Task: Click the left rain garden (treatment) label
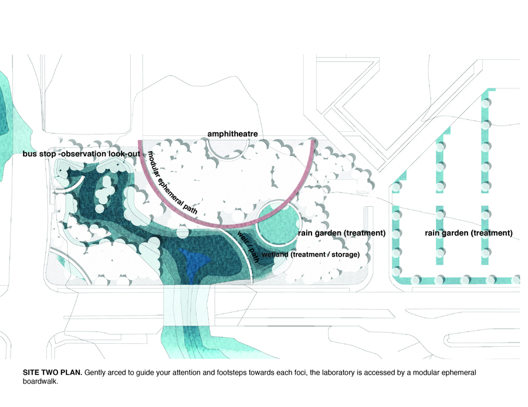point(341,233)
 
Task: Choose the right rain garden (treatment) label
point(469,233)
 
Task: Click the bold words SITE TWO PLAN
point(52,372)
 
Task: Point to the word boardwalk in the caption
point(42,383)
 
